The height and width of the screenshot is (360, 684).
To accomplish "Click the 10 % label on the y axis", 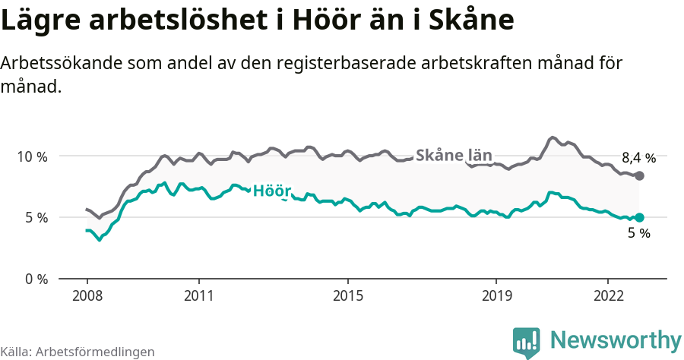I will pyautogui.click(x=31, y=156).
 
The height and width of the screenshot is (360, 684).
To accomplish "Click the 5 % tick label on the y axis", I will pyautogui.click(x=35, y=218).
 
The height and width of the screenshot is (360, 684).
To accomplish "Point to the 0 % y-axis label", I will pyautogui.click(x=35, y=279).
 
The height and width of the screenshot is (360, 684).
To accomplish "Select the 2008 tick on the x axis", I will pyautogui.click(x=87, y=296).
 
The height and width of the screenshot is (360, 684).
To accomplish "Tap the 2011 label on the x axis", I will pyautogui.click(x=198, y=296).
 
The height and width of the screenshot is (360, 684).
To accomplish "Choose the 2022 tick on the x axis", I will pyautogui.click(x=608, y=296).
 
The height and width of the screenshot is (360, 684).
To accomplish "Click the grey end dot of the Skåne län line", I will pyautogui.click(x=639, y=175).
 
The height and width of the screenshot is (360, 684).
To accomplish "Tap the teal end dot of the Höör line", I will pyautogui.click(x=639, y=217).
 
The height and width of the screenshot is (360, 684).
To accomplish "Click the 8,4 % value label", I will pyautogui.click(x=638, y=158).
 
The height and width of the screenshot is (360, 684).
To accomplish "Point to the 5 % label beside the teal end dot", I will pyautogui.click(x=638, y=234).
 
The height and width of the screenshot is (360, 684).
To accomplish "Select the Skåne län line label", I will pyautogui.click(x=454, y=155).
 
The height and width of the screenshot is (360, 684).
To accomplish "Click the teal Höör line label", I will pyautogui.click(x=272, y=190).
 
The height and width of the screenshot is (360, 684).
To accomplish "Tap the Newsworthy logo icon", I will pyautogui.click(x=527, y=343).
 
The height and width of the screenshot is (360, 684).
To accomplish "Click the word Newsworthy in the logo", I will pyautogui.click(x=616, y=339).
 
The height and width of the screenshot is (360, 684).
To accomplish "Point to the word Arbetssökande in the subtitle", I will pyautogui.click(x=47, y=63).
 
